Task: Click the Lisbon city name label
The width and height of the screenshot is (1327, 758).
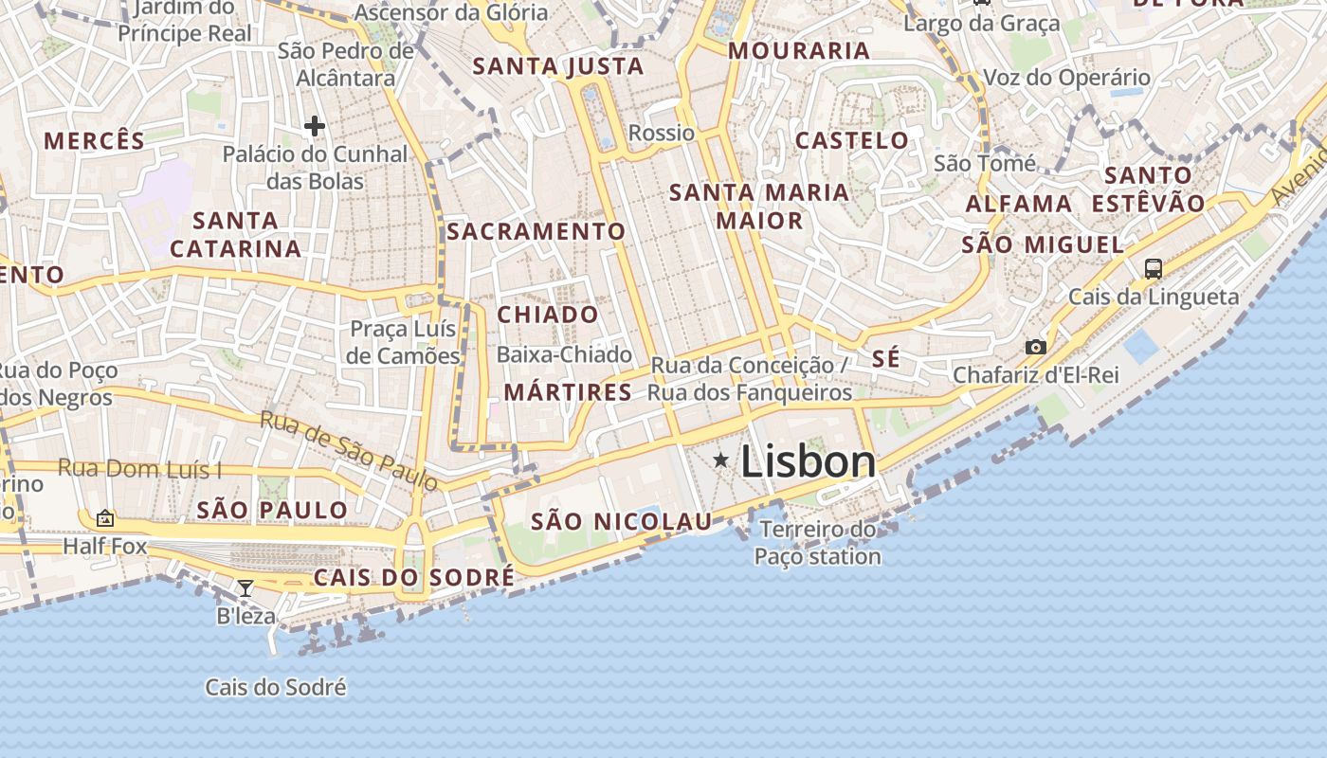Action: [x=808, y=461]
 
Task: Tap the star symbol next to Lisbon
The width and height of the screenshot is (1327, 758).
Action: [x=721, y=460]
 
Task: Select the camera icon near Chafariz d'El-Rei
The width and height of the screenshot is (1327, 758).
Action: [x=1036, y=347]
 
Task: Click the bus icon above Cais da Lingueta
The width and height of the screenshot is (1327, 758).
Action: [x=1153, y=268]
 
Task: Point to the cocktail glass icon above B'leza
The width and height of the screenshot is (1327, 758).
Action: [x=245, y=588]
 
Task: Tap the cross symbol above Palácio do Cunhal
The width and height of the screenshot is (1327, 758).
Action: [x=315, y=125]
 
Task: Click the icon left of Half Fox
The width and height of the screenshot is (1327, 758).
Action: [x=105, y=518]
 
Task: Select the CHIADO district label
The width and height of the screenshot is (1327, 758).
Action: [x=548, y=315]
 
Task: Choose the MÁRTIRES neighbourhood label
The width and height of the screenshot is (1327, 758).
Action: [x=568, y=392]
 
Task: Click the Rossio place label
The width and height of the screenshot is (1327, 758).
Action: [x=662, y=133]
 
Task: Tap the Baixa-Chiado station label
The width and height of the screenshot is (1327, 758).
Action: [x=564, y=354]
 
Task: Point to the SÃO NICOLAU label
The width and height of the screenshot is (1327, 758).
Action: [x=621, y=521]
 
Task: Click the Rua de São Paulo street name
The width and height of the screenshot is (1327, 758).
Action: [x=349, y=451]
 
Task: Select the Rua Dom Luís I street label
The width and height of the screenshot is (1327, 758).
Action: [x=139, y=468]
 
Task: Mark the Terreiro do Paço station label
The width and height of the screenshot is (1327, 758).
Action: [x=818, y=543]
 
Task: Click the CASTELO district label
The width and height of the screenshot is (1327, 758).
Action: [x=851, y=141]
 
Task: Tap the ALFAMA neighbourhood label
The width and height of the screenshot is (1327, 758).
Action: [x=1019, y=204]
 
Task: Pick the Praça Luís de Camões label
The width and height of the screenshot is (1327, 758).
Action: [x=404, y=342]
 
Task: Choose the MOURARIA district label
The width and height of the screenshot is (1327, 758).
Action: [x=798, y=51]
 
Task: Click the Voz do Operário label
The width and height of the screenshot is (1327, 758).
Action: [x=1066, y=78]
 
